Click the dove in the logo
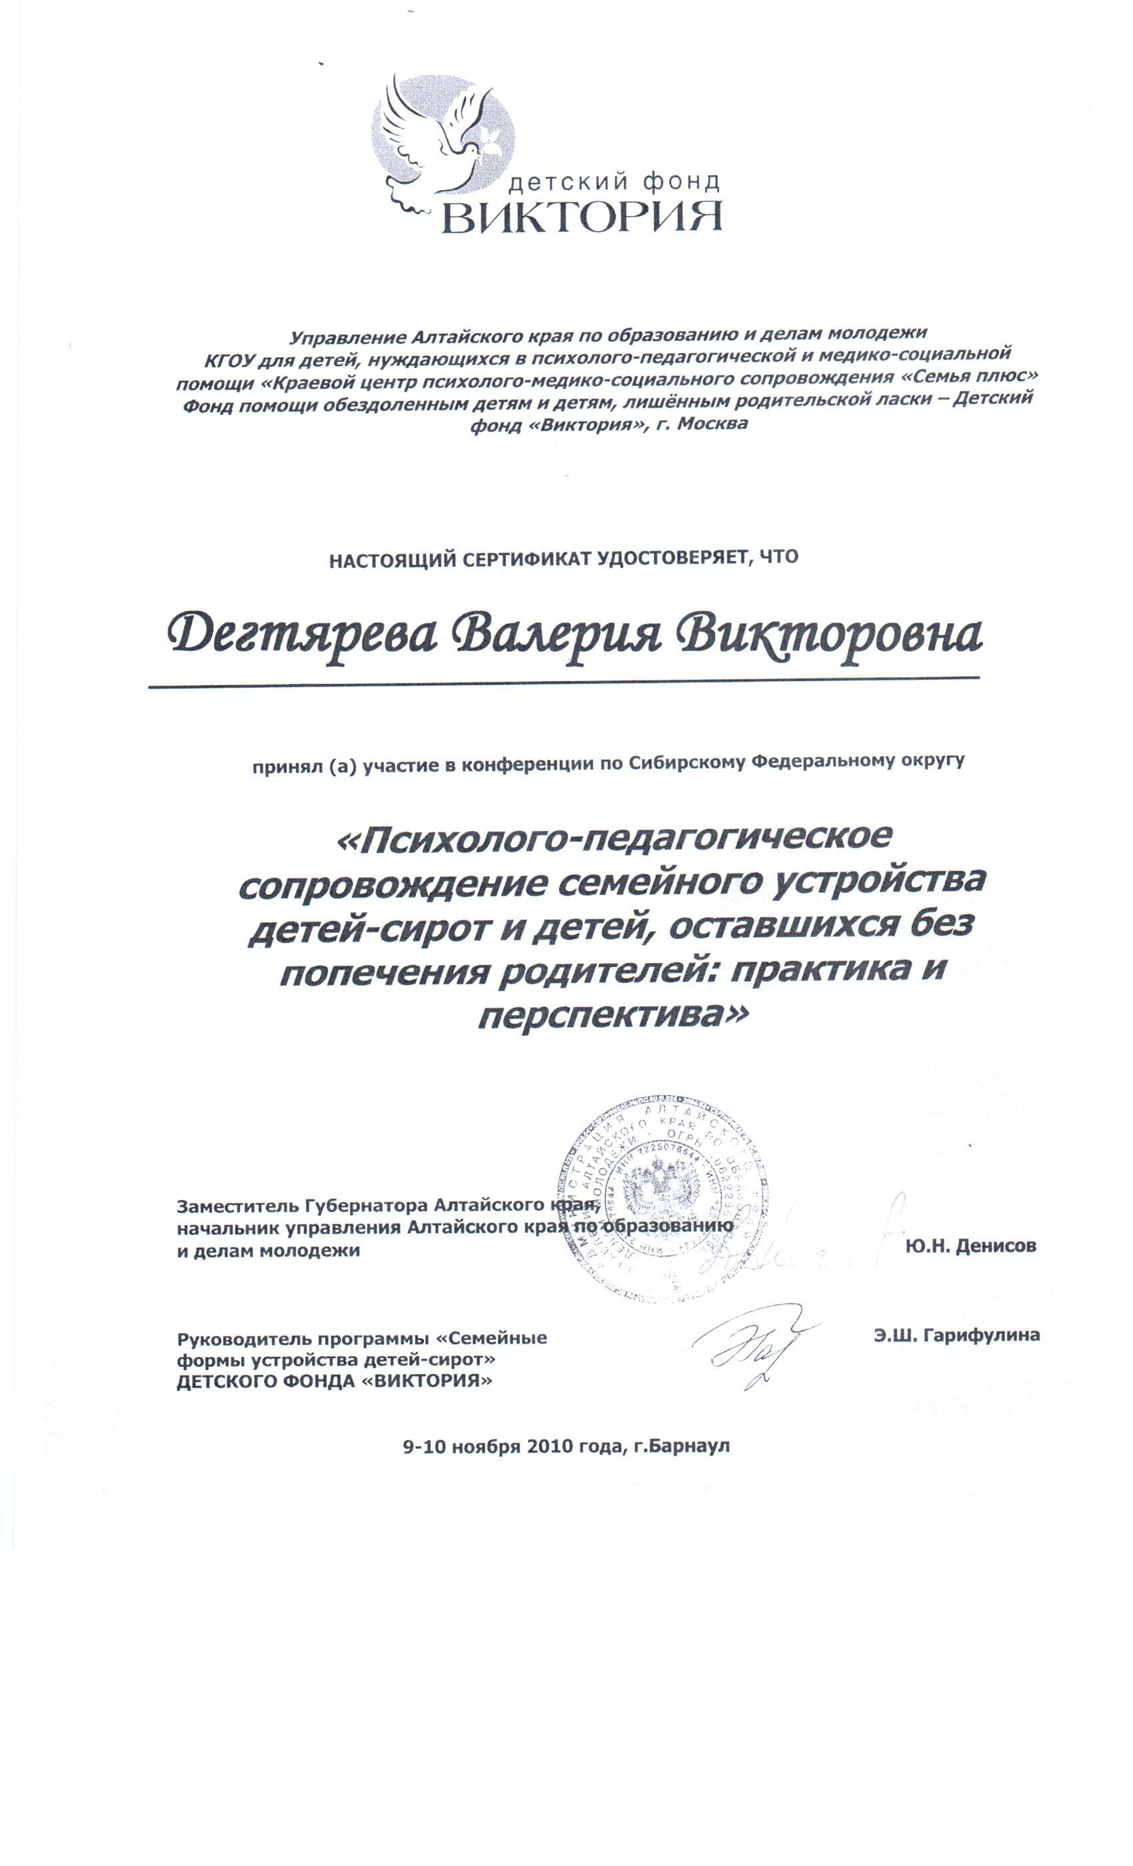(x=435, y=137)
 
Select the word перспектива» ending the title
(x=612, y=1016)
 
